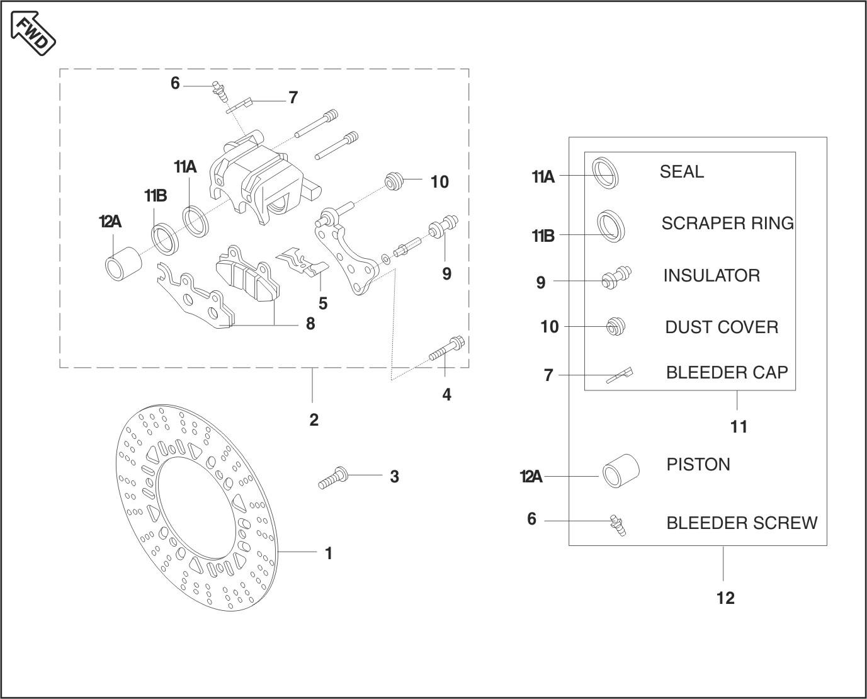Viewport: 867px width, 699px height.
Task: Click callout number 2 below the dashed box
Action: [314, 420]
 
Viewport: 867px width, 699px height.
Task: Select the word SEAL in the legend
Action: [681, 172]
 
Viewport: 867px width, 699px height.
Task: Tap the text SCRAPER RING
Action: [727, 224]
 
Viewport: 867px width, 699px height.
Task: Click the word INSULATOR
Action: [711, 276]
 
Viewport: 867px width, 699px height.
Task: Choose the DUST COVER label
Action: [722, 327]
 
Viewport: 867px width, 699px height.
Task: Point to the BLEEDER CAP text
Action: [727, 373]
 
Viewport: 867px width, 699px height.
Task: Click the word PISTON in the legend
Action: [698, 465]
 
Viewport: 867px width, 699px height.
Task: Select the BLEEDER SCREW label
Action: [742, 523]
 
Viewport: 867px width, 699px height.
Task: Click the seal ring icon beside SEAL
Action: [606, 172]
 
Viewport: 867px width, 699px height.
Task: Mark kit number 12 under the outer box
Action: [725, 598]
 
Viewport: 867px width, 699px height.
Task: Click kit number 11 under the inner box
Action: [739, 427]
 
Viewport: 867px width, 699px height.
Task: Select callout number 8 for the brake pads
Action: [310, 324]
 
